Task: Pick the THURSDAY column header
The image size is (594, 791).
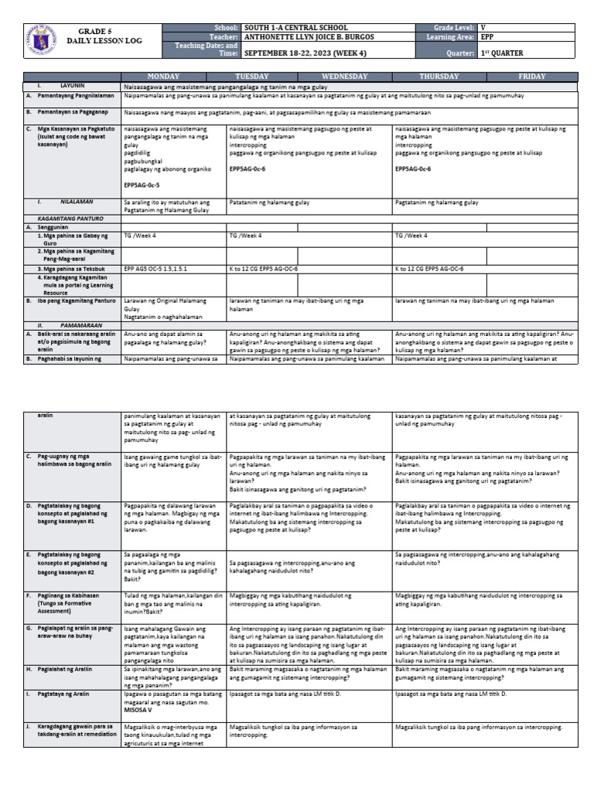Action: tap(439, 76)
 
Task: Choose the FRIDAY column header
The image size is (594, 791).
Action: tap(531, 76)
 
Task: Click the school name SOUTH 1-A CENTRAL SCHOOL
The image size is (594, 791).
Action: tap(295, 28)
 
